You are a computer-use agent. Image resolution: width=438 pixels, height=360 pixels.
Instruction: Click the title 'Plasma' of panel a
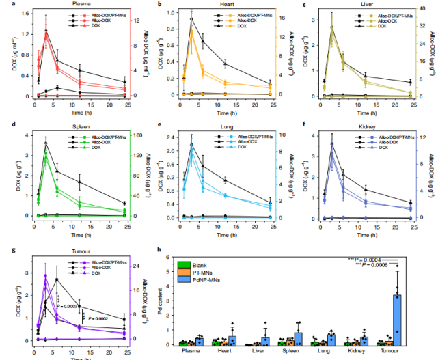point(84,4)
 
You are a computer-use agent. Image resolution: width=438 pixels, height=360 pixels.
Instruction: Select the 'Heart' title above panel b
point(222,4)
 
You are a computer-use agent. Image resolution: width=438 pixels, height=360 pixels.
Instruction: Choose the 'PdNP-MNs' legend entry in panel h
point(205,279)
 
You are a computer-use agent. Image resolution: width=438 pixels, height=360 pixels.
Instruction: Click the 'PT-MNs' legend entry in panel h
point(202,271)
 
